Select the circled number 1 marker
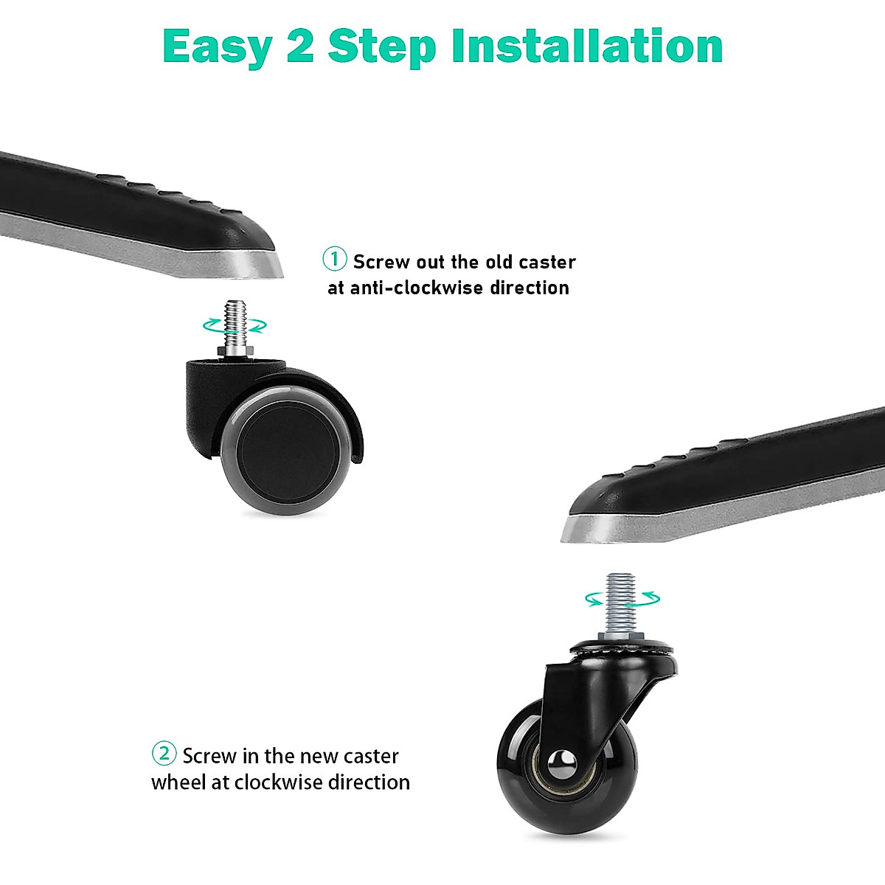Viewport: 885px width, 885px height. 335,260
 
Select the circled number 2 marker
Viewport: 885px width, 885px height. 164,754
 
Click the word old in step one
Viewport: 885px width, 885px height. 499,262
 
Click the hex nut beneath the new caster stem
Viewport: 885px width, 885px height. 622,634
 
